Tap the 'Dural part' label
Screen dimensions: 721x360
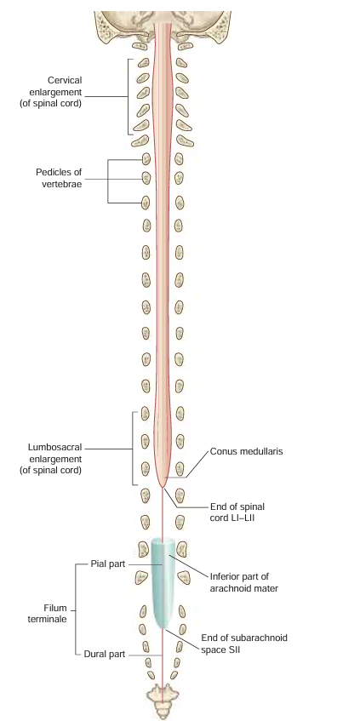click(106, 655)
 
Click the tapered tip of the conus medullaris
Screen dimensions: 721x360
click(163, 486)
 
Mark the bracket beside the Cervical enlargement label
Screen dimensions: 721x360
click(129, 96)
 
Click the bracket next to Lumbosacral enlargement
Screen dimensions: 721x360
click(133, 448)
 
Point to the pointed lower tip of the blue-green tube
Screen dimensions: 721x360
click(162, 628)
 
